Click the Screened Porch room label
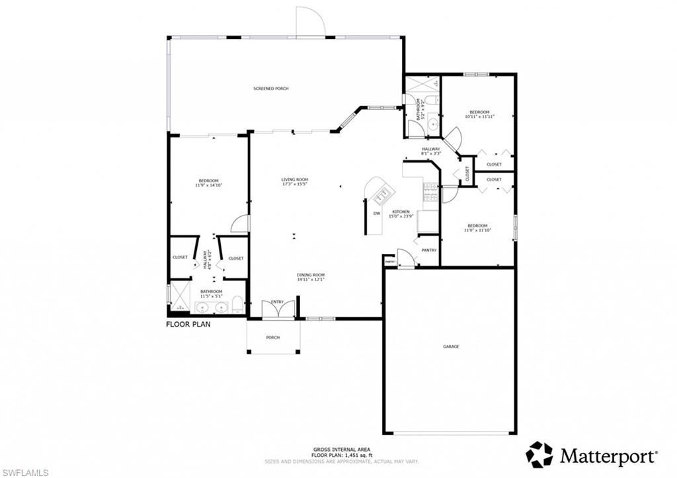(271, 89)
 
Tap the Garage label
(451, 346)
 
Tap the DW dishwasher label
(376, 214)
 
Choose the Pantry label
(429, 250)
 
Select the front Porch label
(273, 337)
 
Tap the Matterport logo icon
(539, 455)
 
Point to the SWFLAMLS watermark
(25, 472)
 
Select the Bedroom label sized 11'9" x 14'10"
(209, 183)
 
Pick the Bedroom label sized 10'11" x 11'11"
(479, 114)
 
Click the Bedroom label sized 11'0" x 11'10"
(477, 227)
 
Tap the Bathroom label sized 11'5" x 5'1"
(211, 294)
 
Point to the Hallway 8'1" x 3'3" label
(431, 151)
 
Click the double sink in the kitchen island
(383, 194)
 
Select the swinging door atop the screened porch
(309, 22)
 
